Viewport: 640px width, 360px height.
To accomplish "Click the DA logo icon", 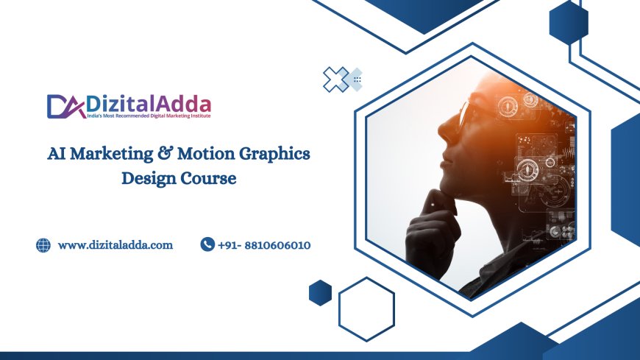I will [x=61, y=106].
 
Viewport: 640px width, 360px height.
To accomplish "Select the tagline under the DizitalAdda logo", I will [x=149, y=116].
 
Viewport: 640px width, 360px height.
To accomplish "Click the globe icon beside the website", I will [x=43, y=245].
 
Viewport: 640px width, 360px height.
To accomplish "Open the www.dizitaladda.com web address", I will [x=115, y=245].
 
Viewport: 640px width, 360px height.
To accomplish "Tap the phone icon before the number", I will [x=207, y=244].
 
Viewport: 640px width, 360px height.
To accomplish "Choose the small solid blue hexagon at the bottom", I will [x=320, y=292].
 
